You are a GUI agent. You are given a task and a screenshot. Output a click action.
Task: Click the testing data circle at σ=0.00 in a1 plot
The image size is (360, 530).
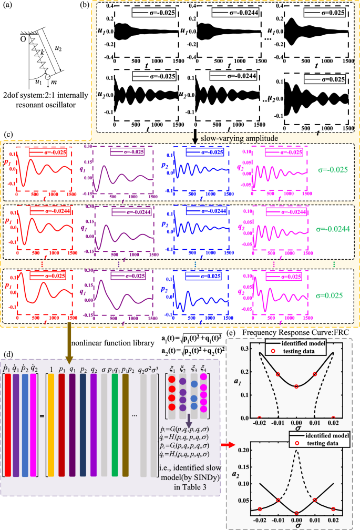pyautogui.click(x=296, y=386)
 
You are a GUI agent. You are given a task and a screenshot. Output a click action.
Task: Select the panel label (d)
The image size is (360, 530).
pyautogui.click(x=8, y=346)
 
